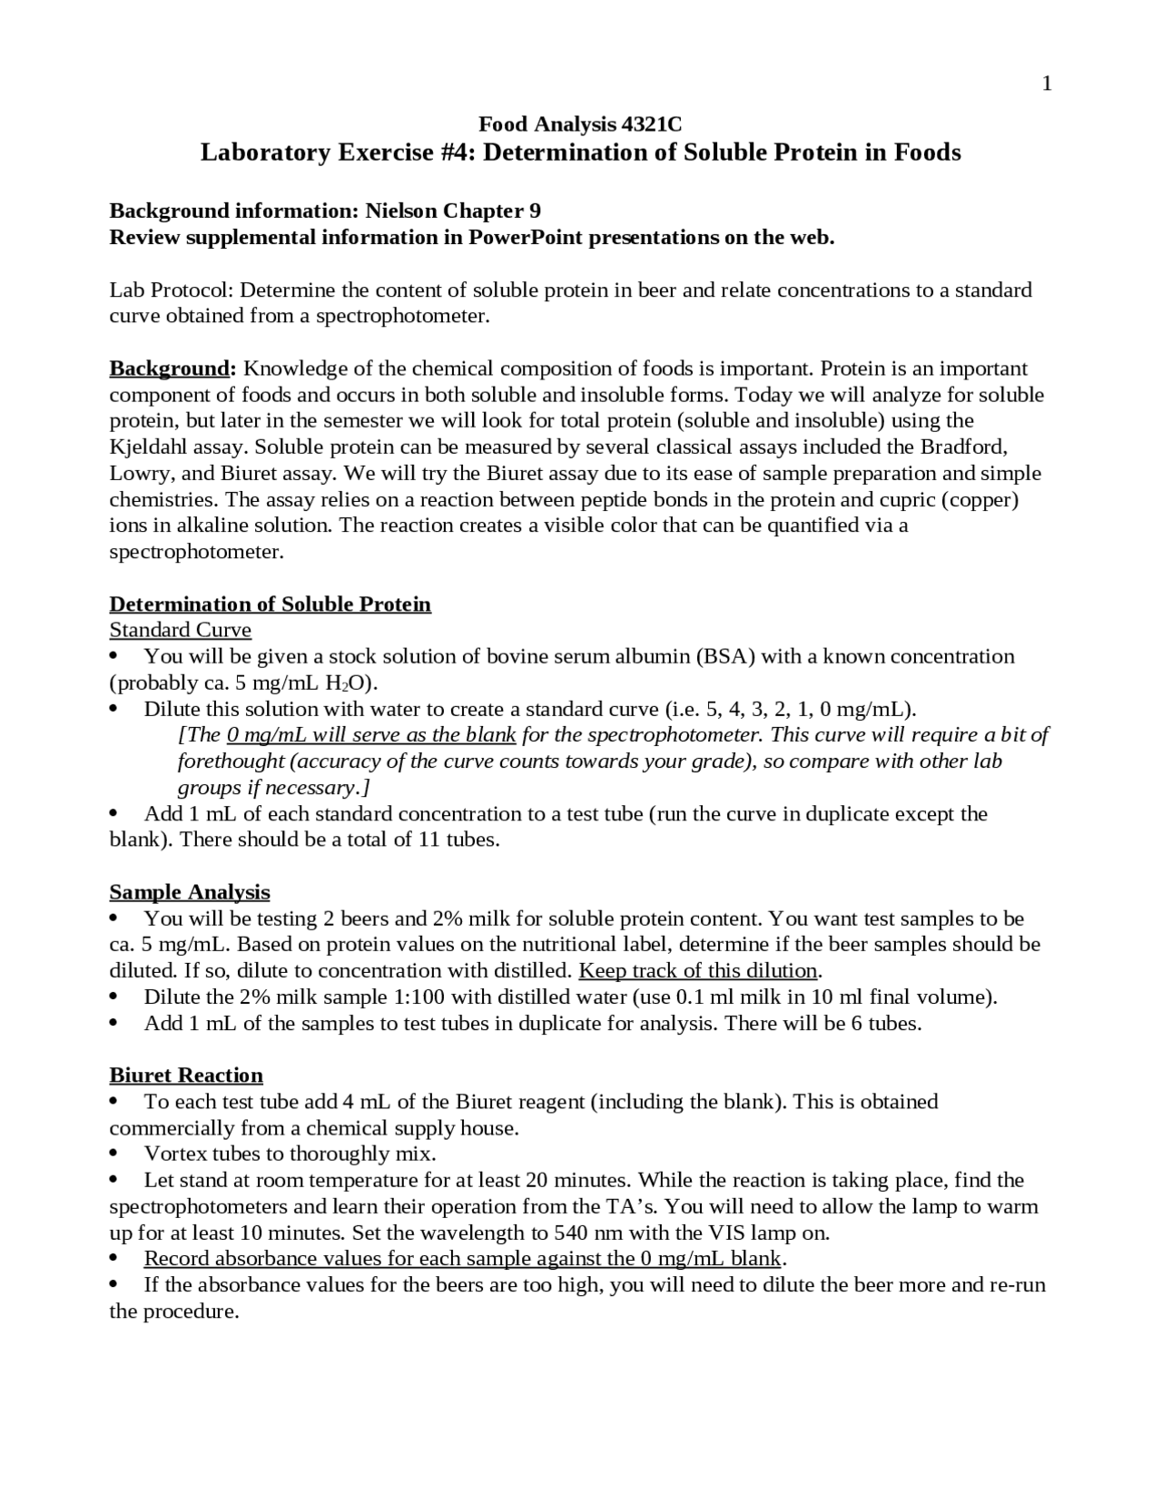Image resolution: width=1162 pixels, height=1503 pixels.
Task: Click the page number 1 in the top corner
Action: tap(1047, 84)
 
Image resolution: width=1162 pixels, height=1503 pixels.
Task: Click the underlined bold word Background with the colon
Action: tap(172, 368)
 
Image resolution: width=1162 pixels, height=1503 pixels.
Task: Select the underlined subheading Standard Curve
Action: tap(180, 630)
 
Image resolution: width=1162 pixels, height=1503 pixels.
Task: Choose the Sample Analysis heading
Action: tap(190, 892)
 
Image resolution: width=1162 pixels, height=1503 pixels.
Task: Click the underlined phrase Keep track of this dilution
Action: tap(698, 971)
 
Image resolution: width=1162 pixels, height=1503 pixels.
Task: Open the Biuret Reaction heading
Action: tap(186, 1076)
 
